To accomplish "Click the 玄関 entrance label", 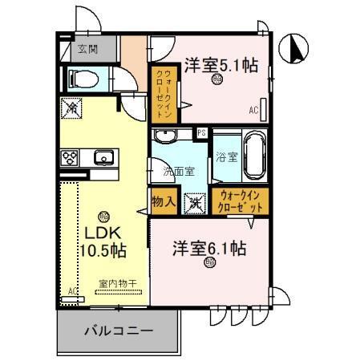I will tap(87, 49).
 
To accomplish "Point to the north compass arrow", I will tap(297, 49).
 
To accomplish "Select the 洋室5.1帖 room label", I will tap(222, 65).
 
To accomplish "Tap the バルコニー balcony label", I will tap(115, 329).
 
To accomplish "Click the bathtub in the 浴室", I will tap(254, 155).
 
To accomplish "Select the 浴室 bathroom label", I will tap(225, 156).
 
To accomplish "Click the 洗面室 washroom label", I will tap(178, 170).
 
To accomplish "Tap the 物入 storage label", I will tap(164, 201).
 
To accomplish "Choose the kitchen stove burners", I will tap(70, 157).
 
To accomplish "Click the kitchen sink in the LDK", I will tap(103, 157).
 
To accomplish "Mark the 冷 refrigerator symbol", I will tap(71, 107).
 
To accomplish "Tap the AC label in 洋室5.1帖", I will tap(253, 109).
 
